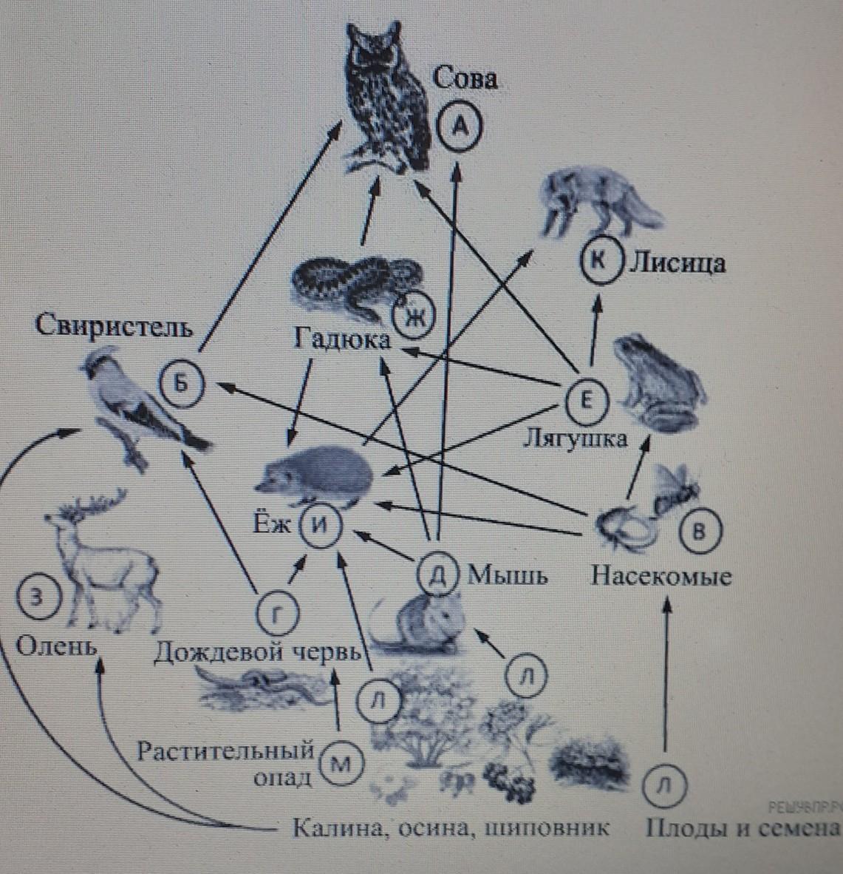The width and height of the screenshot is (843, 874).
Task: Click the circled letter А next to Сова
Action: [459, 126]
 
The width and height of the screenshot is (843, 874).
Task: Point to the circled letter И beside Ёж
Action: [319, 526]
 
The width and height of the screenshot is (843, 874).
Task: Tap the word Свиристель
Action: [114, 326]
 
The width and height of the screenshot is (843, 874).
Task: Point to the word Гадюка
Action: [342, 341]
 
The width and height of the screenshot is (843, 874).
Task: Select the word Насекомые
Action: [661, 576]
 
